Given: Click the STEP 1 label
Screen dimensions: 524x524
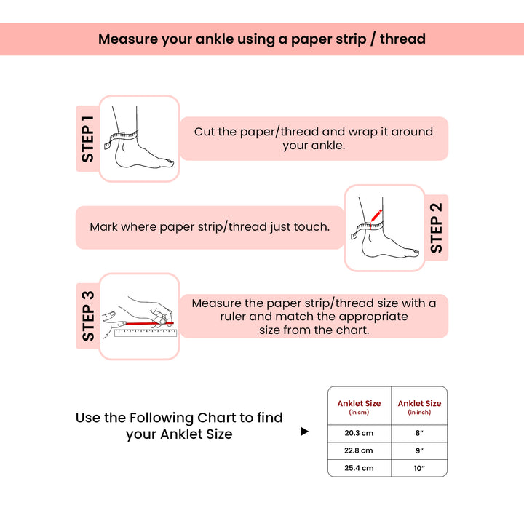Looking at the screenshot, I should click(x=87, y=139).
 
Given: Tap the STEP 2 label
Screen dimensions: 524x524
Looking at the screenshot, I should click(x=437, y=227).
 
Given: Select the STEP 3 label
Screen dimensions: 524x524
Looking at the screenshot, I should click(x=87, y=316).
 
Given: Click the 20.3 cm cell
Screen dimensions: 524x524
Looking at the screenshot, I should click(x=359, y=432).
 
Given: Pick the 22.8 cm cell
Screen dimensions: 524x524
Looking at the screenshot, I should click(x=359, y=450).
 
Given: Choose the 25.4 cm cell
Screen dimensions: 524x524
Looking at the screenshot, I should click(x=359, y=468).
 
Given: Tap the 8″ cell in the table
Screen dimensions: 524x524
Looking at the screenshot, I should click(x=419, y=432).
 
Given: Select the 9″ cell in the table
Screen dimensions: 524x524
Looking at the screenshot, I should click(x=419, y=450).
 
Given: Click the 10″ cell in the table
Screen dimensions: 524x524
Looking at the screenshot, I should click(x=419, y=468).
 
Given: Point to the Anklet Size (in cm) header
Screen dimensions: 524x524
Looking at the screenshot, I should click(x=359, y=407).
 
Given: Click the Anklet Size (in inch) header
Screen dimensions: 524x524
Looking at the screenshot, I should click(x=419, y=407).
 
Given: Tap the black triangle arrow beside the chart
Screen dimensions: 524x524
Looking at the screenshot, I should click(x=304, y=432).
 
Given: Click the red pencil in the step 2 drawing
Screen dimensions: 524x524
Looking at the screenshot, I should click(x=376, y=215).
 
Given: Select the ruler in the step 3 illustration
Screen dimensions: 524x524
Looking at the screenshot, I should click(x=146, y=333).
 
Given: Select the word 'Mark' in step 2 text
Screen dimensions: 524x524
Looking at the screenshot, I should click(x=103, y=227).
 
